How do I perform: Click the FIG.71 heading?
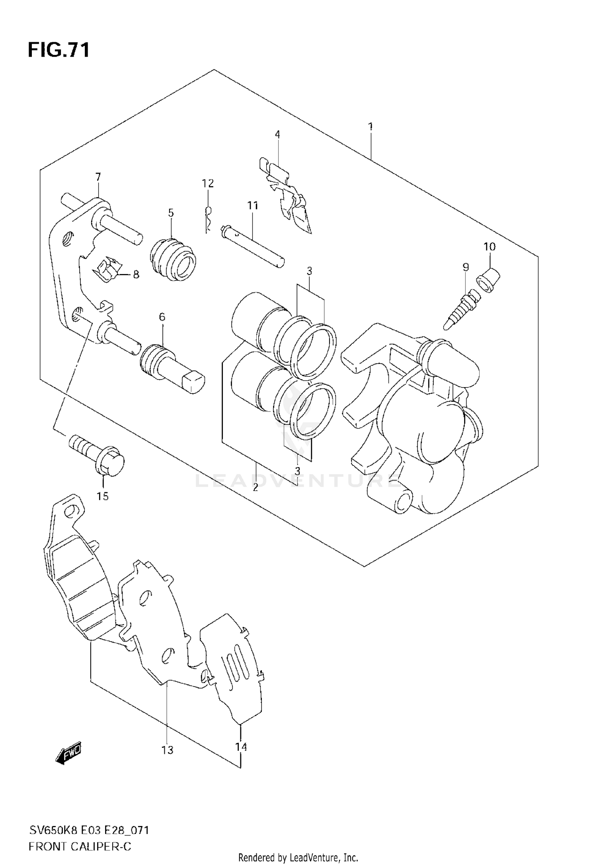[59, 51]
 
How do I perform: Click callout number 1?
[371, 127]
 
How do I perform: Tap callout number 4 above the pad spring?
[277, 135]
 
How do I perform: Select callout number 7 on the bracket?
[98, 177]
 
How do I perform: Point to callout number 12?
[208, 183]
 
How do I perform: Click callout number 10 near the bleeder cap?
[490, 247]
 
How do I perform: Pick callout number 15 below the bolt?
[103, 496]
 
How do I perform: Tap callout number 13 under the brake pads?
[168, 750]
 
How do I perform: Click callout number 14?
[241, 747]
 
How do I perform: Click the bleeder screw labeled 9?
[462, 311]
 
